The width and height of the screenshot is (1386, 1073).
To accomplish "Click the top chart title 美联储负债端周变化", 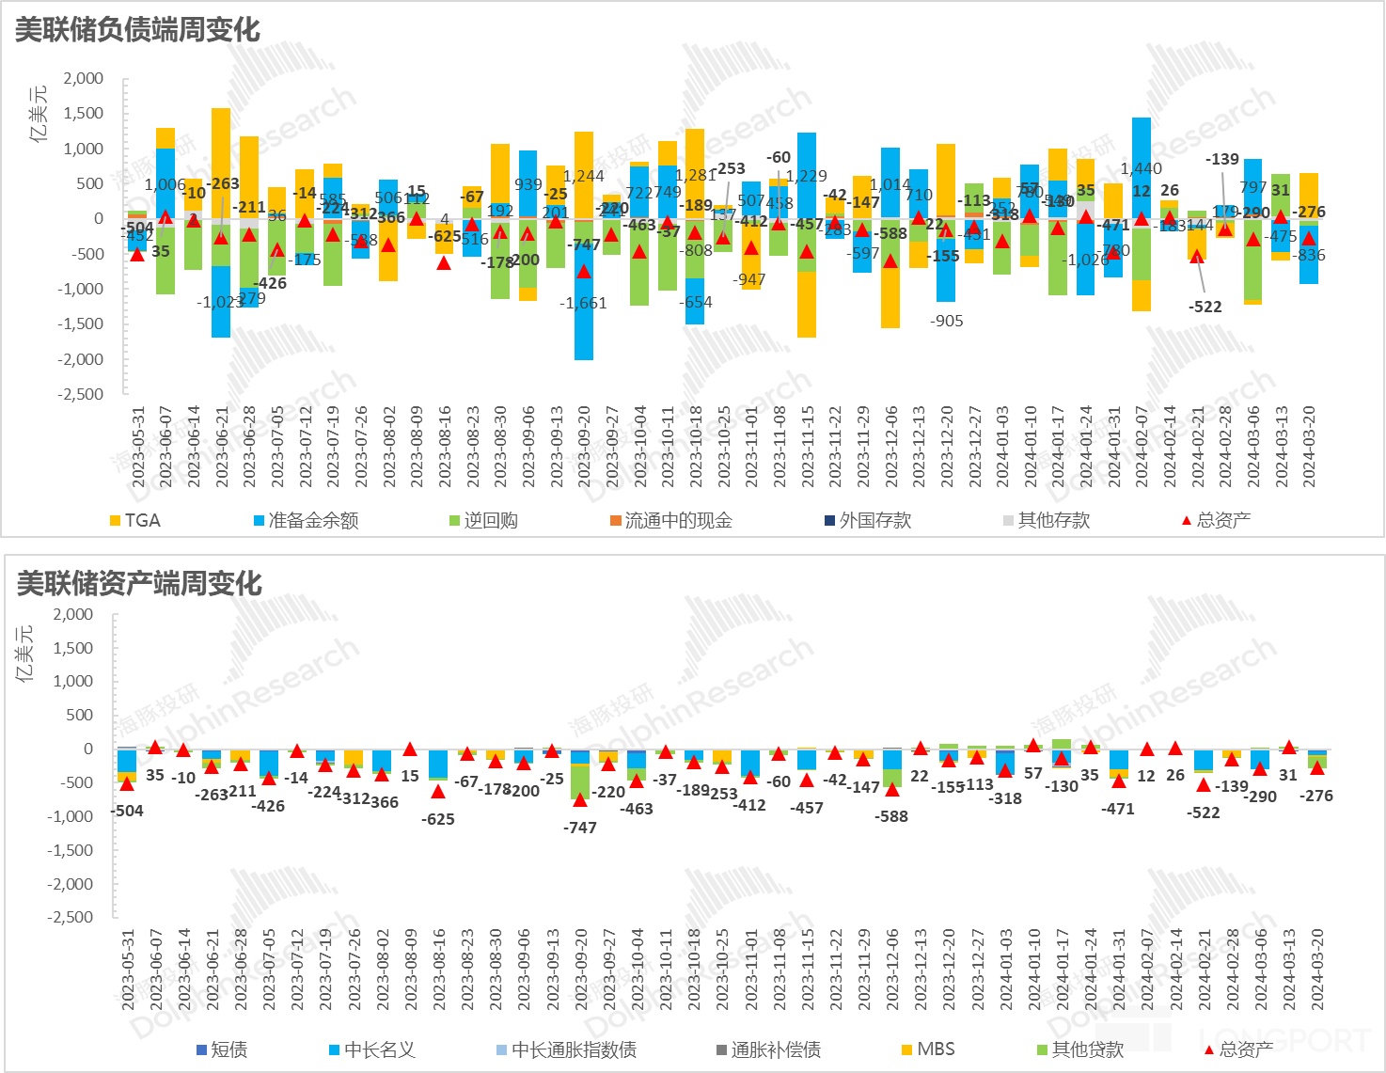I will (137, 29).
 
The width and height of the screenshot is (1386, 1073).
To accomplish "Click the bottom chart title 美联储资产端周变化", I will (139, 583).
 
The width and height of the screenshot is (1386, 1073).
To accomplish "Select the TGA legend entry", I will (135, 520).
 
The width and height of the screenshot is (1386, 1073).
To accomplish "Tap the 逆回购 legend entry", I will (483, 520).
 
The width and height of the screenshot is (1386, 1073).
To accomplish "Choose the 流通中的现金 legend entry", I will (670, 520).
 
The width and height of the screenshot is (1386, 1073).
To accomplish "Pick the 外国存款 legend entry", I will (868, 520).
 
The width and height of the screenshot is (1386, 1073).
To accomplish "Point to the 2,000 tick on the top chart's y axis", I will (84, 78).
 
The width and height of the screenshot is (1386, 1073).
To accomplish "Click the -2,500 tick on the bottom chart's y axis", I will (71, 917).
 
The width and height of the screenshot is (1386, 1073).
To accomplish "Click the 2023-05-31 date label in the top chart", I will (138, 448).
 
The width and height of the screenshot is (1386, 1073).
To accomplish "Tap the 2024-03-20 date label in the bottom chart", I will (1317, 970).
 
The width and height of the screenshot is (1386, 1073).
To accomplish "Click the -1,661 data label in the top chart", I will (583, 303).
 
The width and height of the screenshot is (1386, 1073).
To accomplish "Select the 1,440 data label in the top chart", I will (1141, 168).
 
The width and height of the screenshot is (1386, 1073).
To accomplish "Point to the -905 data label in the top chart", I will (946, 321).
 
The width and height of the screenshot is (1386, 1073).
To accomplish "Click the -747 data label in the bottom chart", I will (580, 828).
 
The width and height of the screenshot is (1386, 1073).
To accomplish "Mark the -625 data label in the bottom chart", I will (438, 819).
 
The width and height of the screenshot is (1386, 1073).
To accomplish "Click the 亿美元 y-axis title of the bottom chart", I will (26, 652).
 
